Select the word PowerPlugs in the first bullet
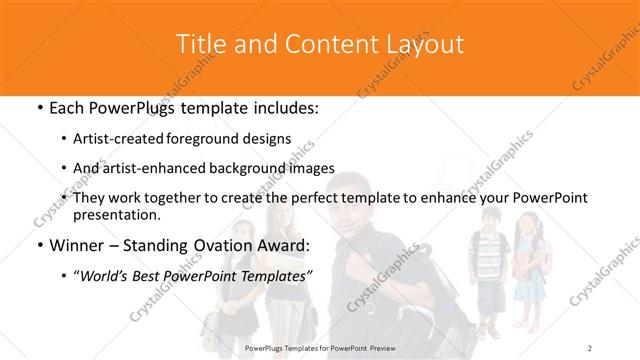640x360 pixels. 134,108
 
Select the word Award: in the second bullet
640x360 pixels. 279,245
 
